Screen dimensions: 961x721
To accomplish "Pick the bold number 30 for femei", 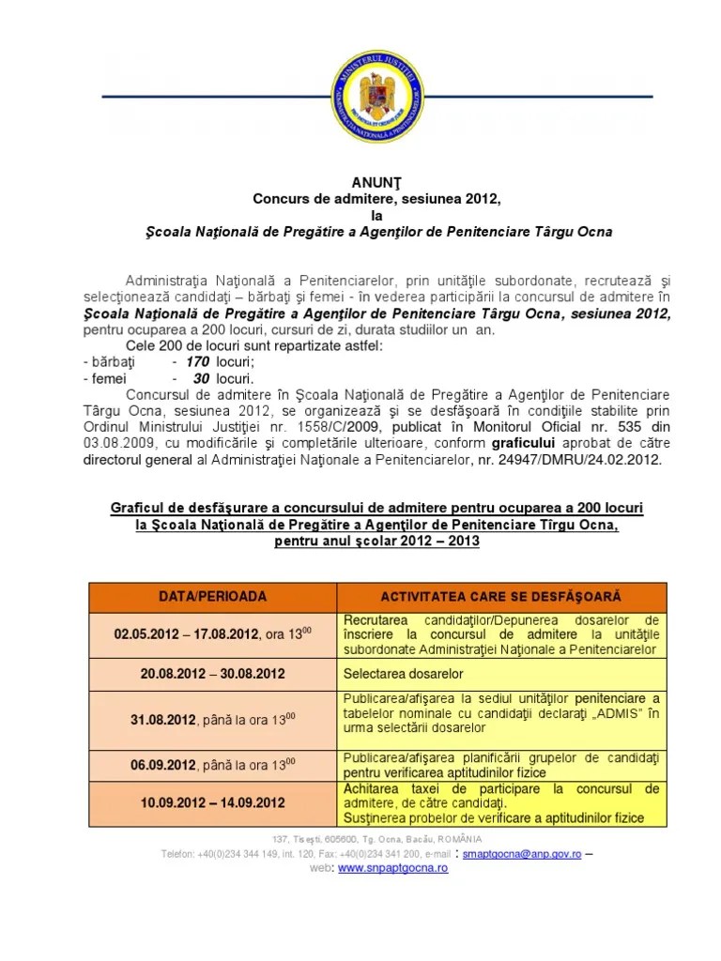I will pyautogui.click(x=201, y=377).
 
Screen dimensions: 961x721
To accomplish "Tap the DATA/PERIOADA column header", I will pyautogui.click(x=212, y=596).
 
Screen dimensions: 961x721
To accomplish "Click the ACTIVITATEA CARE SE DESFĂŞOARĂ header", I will pyautogui.click(x=501, y=597).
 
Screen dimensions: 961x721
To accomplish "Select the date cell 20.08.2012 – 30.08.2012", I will pyautogui.click(x=212, y=673).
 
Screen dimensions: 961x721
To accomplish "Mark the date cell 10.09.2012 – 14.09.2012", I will pyautogui.click(x=212, y=804).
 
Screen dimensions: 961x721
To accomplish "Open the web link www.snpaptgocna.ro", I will pyautogui.click(x=392, y=869).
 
